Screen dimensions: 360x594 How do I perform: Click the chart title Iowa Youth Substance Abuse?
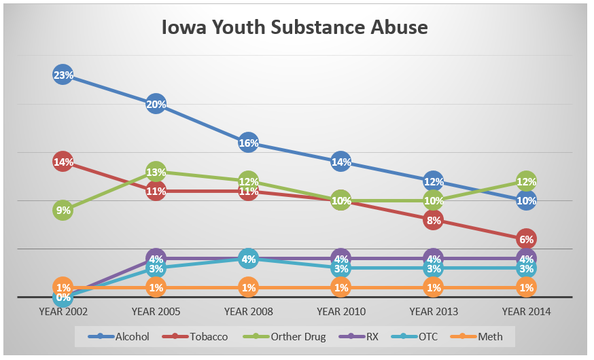pos(294,28)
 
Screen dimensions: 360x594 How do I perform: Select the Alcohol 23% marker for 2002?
pos(63,75)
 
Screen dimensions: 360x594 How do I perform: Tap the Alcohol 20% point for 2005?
pos(156,105)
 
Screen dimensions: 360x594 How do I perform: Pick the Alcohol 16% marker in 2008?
pos(248,143)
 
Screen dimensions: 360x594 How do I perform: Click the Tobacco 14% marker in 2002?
pos(63,162)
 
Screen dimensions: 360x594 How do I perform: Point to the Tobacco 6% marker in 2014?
pos(526,239)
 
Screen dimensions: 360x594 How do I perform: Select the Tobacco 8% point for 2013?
pos(434,220)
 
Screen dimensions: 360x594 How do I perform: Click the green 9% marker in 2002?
pos(63,211)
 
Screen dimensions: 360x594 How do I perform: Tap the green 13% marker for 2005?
pos(156,172)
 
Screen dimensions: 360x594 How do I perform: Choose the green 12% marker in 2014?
pos(526,181)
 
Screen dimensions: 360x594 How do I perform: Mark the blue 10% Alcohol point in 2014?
pos(526,200)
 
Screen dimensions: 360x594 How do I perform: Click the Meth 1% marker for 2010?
pos(341,287)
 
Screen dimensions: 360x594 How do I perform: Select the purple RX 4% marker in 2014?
pos(526,258)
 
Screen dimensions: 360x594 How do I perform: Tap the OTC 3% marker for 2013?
pos(434,268)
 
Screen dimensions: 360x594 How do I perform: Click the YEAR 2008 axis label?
pos(248,312)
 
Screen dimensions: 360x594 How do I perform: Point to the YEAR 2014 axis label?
pos(526,312)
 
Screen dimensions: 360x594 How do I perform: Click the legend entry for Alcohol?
pos(125,336)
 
